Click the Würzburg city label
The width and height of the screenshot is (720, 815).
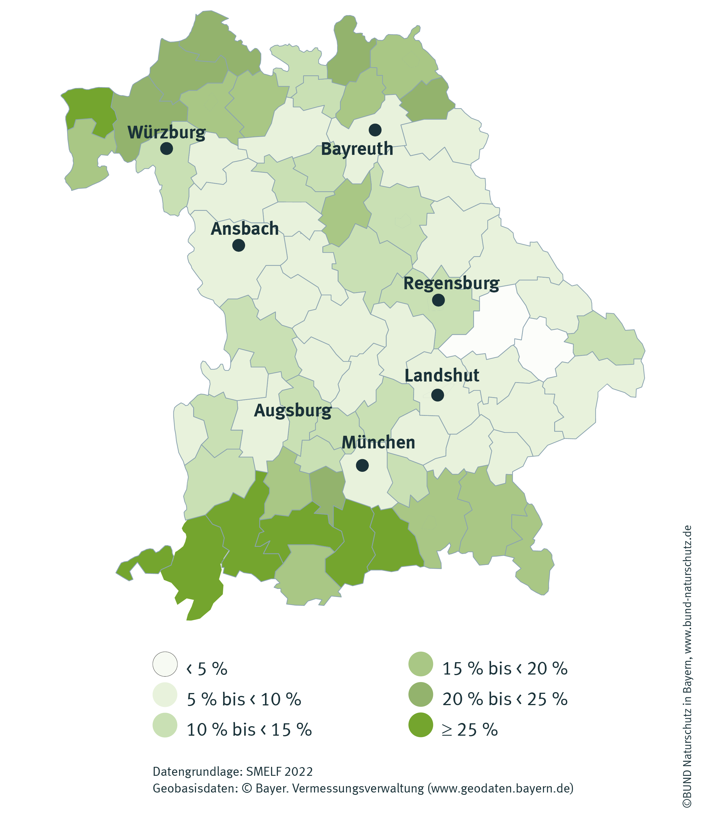point(166,132)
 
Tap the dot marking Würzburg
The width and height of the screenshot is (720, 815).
point(167,149)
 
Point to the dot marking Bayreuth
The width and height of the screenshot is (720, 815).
point(375,129)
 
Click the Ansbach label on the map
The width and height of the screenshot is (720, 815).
point(245,229)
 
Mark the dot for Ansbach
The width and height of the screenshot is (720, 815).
point(238,245)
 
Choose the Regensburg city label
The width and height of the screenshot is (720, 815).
point(451,283)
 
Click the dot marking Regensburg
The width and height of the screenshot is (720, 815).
point(438,300)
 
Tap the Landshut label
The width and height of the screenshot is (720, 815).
point(442,375)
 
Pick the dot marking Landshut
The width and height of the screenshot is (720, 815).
point(437,395)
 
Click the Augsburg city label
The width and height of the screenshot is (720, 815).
point(293,410)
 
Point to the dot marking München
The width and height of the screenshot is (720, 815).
point(362,465)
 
